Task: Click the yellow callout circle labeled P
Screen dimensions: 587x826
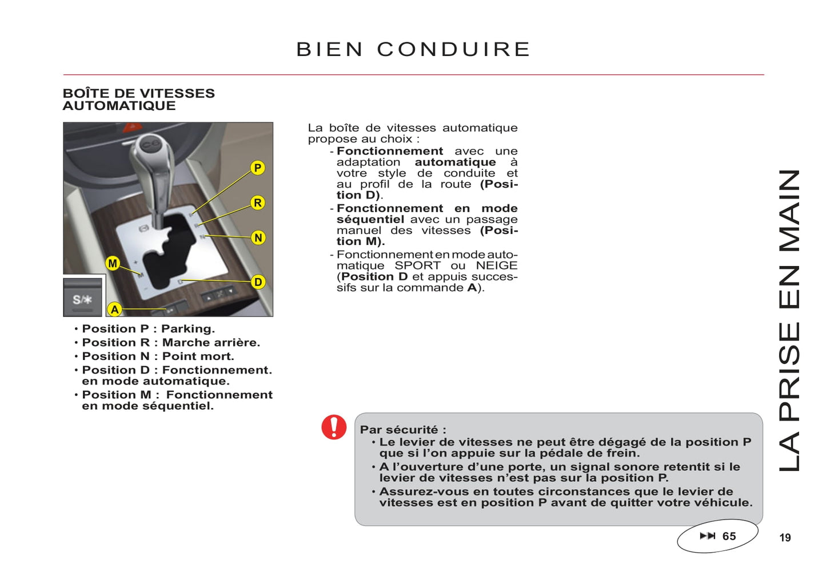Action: coord(258,168)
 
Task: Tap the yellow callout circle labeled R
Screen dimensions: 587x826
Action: coord(258,203)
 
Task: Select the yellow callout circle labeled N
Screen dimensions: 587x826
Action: coord(258,237)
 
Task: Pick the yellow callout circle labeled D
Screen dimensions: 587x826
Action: coord(258,281)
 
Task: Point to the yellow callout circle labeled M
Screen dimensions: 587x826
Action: coord(113,263)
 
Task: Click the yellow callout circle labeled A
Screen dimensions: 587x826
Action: coord(115,310)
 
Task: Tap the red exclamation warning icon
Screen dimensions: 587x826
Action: coord(334,427)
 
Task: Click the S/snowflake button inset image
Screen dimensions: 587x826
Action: coord(83,297)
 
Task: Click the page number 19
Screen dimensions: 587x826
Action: coord(785,538)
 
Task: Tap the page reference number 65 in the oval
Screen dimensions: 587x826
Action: coord(729,536)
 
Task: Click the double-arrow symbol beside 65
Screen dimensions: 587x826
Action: coord(707,536)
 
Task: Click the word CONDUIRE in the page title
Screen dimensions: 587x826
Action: coord(454,49)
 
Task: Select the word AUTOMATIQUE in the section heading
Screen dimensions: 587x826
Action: coord(119,106)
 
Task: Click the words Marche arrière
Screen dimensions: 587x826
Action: coord(210,343)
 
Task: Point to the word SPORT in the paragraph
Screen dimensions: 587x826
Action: coord(417,265)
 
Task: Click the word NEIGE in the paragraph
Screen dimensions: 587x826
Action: coord(496,265)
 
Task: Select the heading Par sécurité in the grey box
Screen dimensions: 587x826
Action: coord(402,430)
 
